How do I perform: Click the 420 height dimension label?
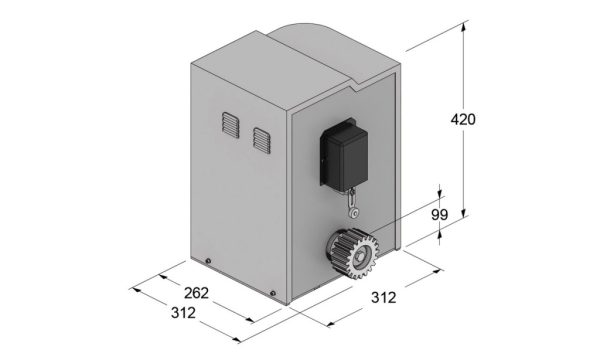(463, 120)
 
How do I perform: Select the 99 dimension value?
(439, 215)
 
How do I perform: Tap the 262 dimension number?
(196, 293)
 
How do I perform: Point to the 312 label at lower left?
(183, 313)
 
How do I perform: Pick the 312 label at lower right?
(383, 297)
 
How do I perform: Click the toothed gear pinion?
(352, 253)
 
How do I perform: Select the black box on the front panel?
(344, 155)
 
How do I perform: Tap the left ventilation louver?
(230, 125)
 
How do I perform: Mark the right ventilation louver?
(262, 140)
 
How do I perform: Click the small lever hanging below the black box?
(354, 204)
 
